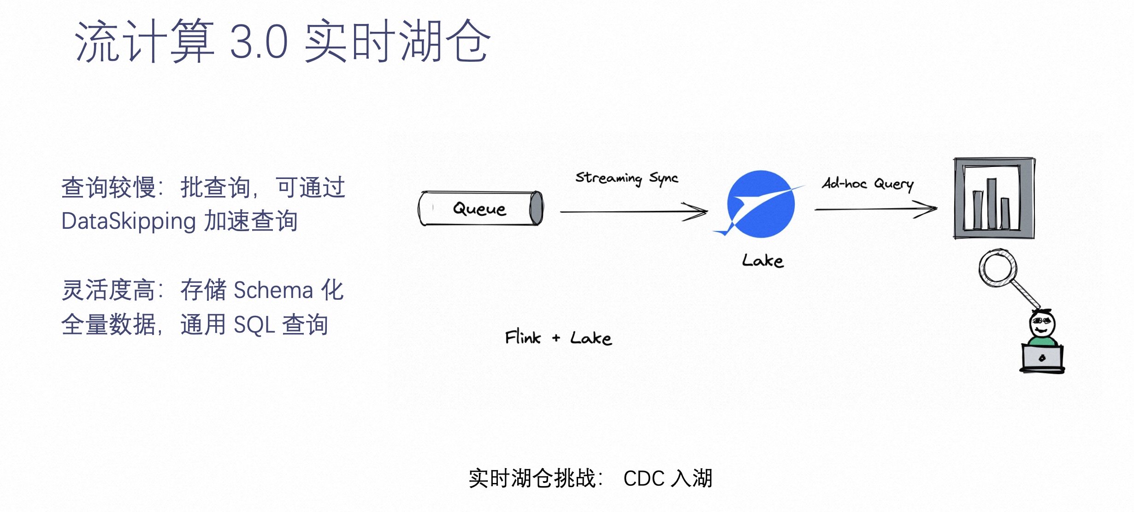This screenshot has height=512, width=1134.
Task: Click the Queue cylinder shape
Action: click(480, 208)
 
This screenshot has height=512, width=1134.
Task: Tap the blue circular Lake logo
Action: click(761, 204)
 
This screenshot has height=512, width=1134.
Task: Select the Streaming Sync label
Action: click(626, 178)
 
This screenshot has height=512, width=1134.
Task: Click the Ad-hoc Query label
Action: click(868, 184)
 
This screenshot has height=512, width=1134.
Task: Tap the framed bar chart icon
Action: click(994, 198)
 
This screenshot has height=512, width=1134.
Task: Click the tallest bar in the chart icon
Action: click(992, 203)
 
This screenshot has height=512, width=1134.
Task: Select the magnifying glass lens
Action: click(998, 268)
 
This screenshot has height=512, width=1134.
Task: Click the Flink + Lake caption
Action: click(558, 338)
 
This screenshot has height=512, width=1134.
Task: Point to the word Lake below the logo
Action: click(762, 261)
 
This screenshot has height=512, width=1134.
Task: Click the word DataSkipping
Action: click(129, 221)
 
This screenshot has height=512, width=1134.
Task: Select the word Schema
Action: click(273, 291)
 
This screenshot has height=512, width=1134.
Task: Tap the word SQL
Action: click(254, 325)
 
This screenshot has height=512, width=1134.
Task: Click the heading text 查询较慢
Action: click(108, 188)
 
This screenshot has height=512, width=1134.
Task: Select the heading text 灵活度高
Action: click(108, 291)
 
